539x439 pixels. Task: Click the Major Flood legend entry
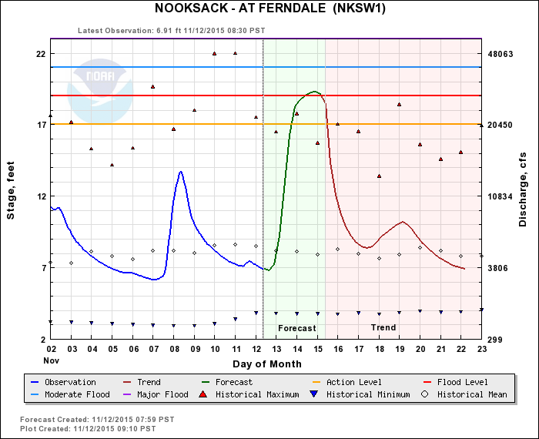[162, 394]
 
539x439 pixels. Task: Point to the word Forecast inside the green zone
[296, 328]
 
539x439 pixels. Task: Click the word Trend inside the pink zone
[383, 328]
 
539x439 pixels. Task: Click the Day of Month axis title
[266, 364]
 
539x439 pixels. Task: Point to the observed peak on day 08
[180, 172]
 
